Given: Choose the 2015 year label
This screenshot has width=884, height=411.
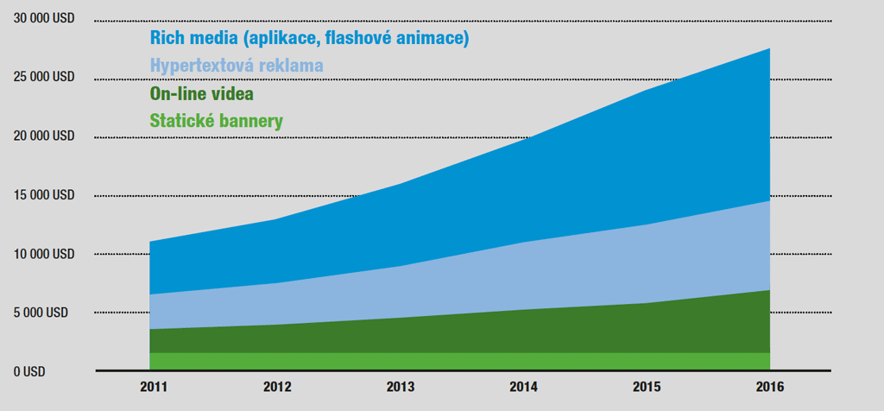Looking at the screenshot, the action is click(x=647, y=388).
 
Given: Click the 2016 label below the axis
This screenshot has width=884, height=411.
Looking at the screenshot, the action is click(x=770, y=388).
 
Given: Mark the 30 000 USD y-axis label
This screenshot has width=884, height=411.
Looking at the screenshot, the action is click(x=43, y=19).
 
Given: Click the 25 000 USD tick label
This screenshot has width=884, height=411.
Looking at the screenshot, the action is click(x=43, y=77).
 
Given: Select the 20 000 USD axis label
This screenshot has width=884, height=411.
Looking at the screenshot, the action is click(x=43, y=136).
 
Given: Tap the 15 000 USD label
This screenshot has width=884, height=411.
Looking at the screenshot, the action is click(x=43, y=195).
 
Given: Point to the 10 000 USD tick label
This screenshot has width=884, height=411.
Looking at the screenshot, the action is click(x=43, y=254).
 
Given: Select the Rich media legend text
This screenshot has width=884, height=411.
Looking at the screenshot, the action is click(x=309, y=38).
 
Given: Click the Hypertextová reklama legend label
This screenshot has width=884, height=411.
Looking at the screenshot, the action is click(x=237, y=66).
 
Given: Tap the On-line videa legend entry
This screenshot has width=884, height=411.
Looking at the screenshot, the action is click(x=202, y=93).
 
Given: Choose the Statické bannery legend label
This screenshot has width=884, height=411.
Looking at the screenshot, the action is click(x=216, y=121).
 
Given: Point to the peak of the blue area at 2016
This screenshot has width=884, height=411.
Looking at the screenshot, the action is click(x=770, y=48).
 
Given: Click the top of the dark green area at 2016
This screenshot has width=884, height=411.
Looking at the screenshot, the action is click(x=770, y=290).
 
